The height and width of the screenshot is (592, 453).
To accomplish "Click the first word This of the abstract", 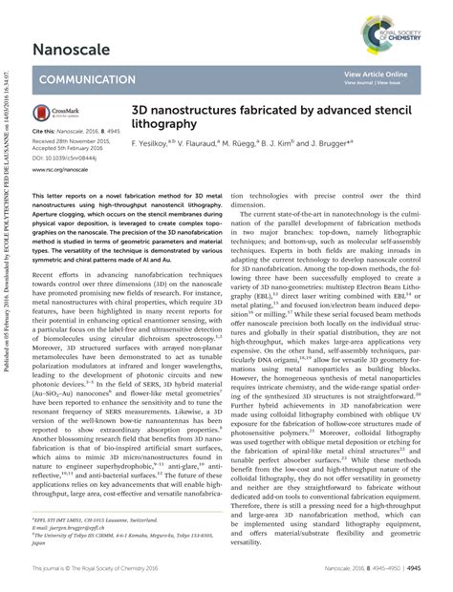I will point(40,193).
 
